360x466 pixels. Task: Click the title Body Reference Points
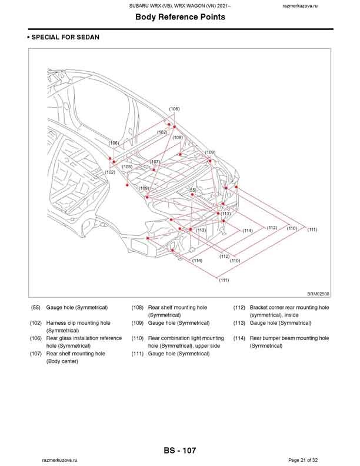click(x=180, y=17)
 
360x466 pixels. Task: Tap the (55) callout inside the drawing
click(x=192, y=191)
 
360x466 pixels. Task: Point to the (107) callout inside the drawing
click(x=155, y=161)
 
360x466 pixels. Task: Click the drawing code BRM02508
click(x=318, y=293)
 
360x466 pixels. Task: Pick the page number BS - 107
click(x=180, y=451)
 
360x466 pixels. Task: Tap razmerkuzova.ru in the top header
click(x=300, y=5)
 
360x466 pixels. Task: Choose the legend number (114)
click(x=239, y=338)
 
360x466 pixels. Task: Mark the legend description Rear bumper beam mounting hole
click(x=289, y=338)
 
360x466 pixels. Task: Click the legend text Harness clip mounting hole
click(x=78, y=323)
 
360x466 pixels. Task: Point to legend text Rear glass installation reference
click(x=84, y=338)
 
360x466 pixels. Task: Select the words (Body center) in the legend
click(x=62, y=361)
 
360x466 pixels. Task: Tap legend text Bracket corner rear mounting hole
click(x=289, y=307)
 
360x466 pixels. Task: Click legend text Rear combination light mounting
click(x=186, y=338)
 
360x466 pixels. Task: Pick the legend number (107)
click(x=36, y=354)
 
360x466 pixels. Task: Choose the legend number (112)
click(x=239, y=307)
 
